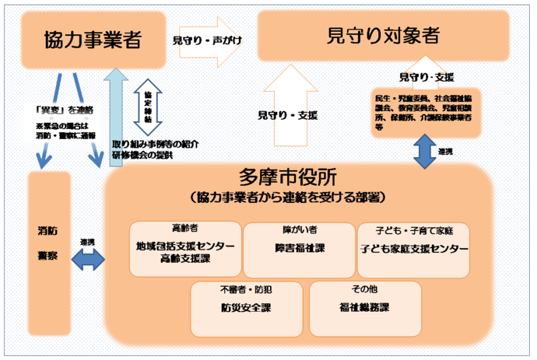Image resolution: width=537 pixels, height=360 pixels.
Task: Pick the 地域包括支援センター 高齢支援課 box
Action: coord(184,250)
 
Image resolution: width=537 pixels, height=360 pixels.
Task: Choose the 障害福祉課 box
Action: coord(297,250)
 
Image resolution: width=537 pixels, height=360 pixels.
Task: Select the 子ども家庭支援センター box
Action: coord(413,250)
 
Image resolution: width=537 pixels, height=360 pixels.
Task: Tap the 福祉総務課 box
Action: coord(364,308)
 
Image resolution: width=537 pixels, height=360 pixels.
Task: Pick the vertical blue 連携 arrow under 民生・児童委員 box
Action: coord(425,150)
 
